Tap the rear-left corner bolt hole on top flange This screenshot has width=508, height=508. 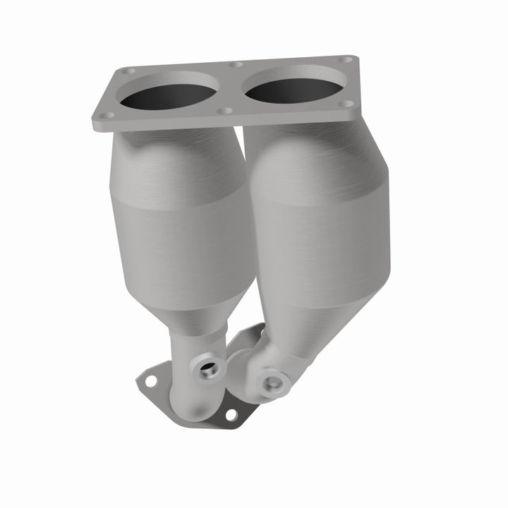(x=127, y=71)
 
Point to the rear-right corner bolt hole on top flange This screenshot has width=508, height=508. (x=344, y=60)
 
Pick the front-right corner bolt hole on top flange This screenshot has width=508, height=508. (x=346, y=104)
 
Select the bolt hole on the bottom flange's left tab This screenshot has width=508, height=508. (x=150, y=381)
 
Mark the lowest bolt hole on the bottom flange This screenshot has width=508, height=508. (x=231, y=415)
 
